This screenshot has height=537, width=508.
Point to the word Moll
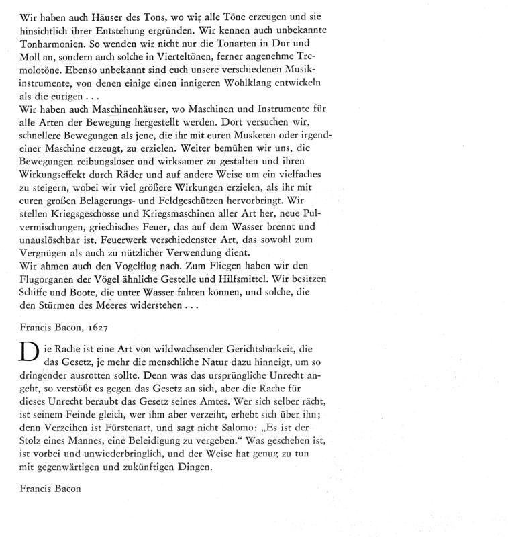(x=31, y=58)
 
